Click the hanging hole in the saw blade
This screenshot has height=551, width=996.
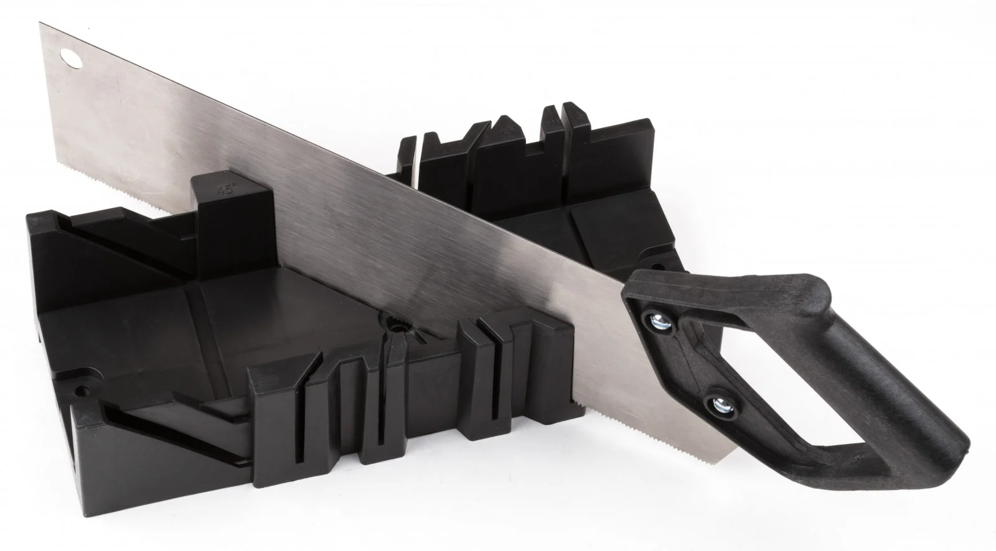[72, 58]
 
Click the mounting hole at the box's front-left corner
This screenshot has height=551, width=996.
[82, 391]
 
